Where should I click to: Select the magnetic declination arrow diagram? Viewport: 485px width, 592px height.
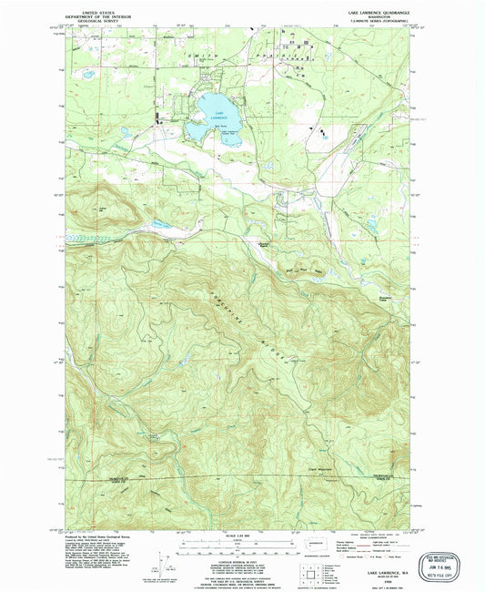tap(164, 558)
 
